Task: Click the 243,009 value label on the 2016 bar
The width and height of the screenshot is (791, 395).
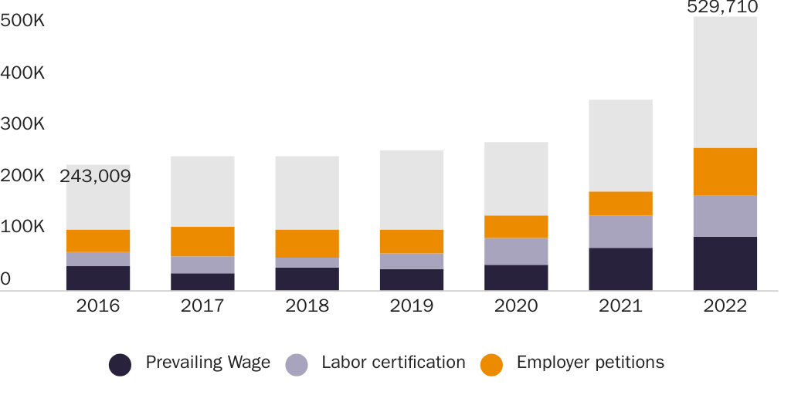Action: tap(95, 177)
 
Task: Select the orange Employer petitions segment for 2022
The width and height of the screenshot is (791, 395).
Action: tap(725, 171)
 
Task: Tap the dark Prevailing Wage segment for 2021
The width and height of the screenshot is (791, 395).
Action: tap(620, 268)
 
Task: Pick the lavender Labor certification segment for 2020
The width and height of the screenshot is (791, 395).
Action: tap(516, 252)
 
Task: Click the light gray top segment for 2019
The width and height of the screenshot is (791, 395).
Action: tap(412, 190)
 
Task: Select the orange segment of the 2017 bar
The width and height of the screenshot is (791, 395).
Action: tap(202, 241)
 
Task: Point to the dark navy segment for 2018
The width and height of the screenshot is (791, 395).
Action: tap(307, 279)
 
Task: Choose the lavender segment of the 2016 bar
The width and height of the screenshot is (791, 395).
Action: tap(98, 259)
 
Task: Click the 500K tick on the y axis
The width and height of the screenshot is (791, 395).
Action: tap(22, 22)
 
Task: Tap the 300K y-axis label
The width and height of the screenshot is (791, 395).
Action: tap(22, 124)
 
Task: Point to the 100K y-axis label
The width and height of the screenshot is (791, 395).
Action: tap(22, 228)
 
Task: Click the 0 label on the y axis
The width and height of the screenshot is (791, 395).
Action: tap(6, 279)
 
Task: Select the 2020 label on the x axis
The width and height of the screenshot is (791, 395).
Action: tap(516, 306)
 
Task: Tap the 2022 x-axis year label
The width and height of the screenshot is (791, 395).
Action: tap(725, 306)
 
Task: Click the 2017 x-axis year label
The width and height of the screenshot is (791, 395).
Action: tap(202, 306)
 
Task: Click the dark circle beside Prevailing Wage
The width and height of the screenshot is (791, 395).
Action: tap(120, 364)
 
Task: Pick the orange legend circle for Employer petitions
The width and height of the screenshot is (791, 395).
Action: tap(491, 364)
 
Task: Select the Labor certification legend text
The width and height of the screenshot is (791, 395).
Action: tap(393, 363)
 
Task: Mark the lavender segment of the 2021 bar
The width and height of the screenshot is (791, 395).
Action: tap(620, 231)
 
